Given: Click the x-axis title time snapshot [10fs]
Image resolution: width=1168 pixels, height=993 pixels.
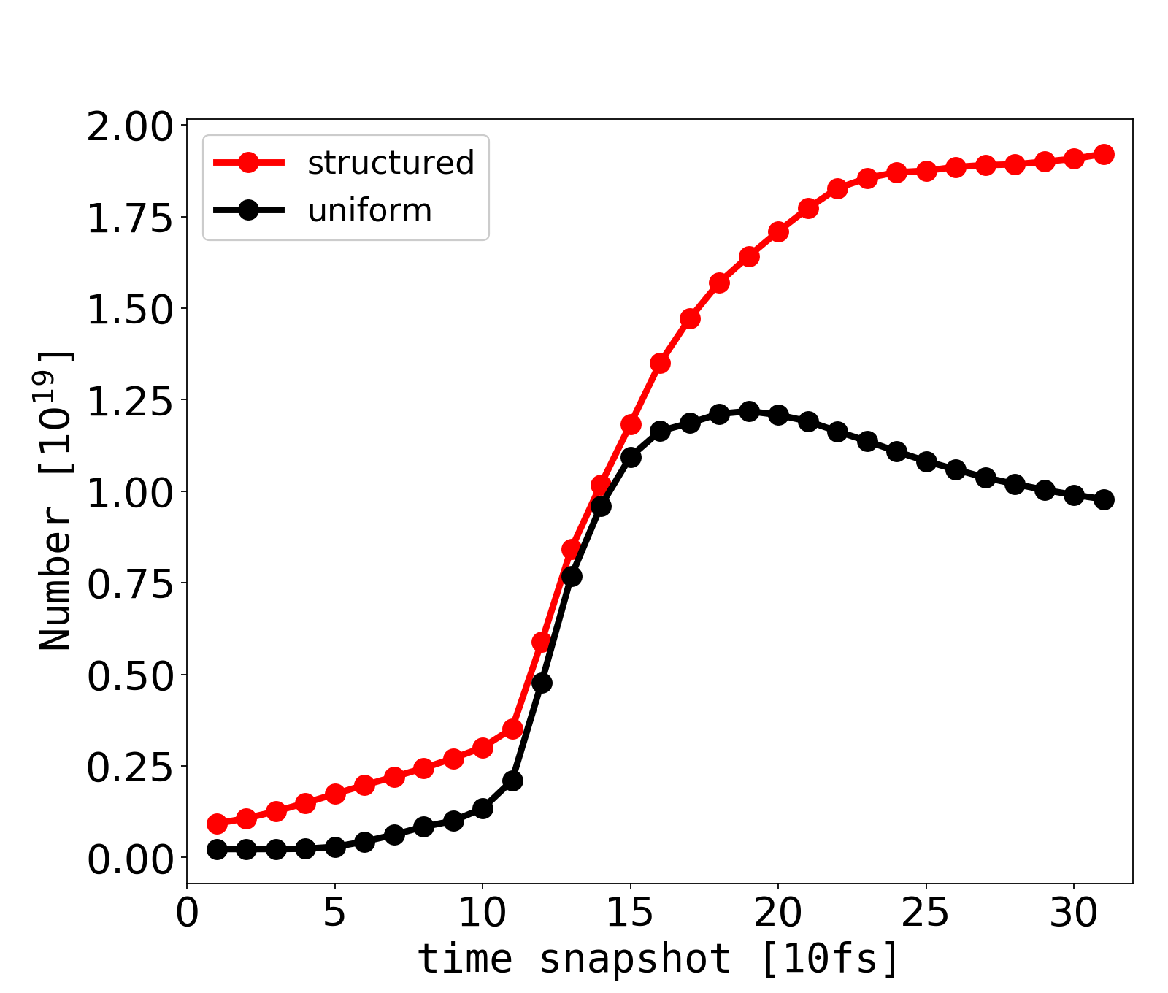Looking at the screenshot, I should [658, 958].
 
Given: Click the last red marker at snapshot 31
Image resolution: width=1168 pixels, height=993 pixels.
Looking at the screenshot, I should [1104, 154].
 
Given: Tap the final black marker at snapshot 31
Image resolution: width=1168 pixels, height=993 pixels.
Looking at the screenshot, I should [1104, 500].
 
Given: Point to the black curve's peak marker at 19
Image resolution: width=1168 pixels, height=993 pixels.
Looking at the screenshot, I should [749, 411].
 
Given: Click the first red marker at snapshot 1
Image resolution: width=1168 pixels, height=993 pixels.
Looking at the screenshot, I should [217, 824].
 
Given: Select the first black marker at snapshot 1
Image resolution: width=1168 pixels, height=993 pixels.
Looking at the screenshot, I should [217, 849].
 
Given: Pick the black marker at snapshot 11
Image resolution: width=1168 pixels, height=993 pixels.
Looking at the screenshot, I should [512, 781].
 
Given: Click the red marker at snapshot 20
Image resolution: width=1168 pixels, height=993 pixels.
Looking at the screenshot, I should [778, 232].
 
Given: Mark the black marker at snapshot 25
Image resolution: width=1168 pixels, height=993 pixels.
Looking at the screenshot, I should [926, 461].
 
